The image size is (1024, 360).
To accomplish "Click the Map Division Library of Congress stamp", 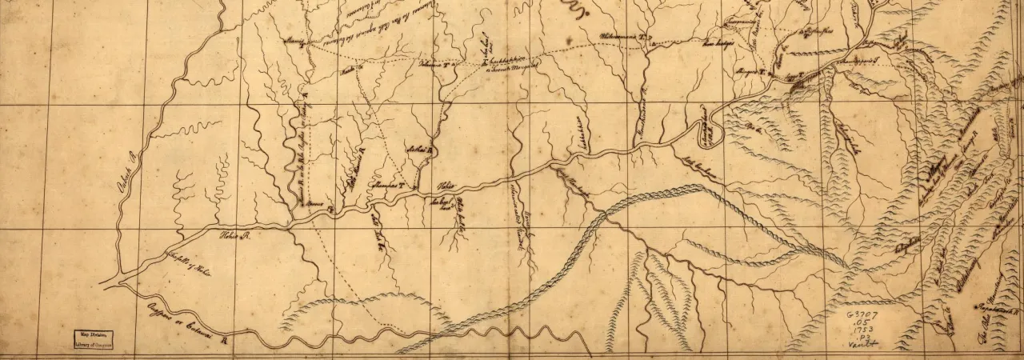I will click(x=90, y=339).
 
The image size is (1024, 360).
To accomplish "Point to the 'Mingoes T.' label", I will click(x=751, y=73).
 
